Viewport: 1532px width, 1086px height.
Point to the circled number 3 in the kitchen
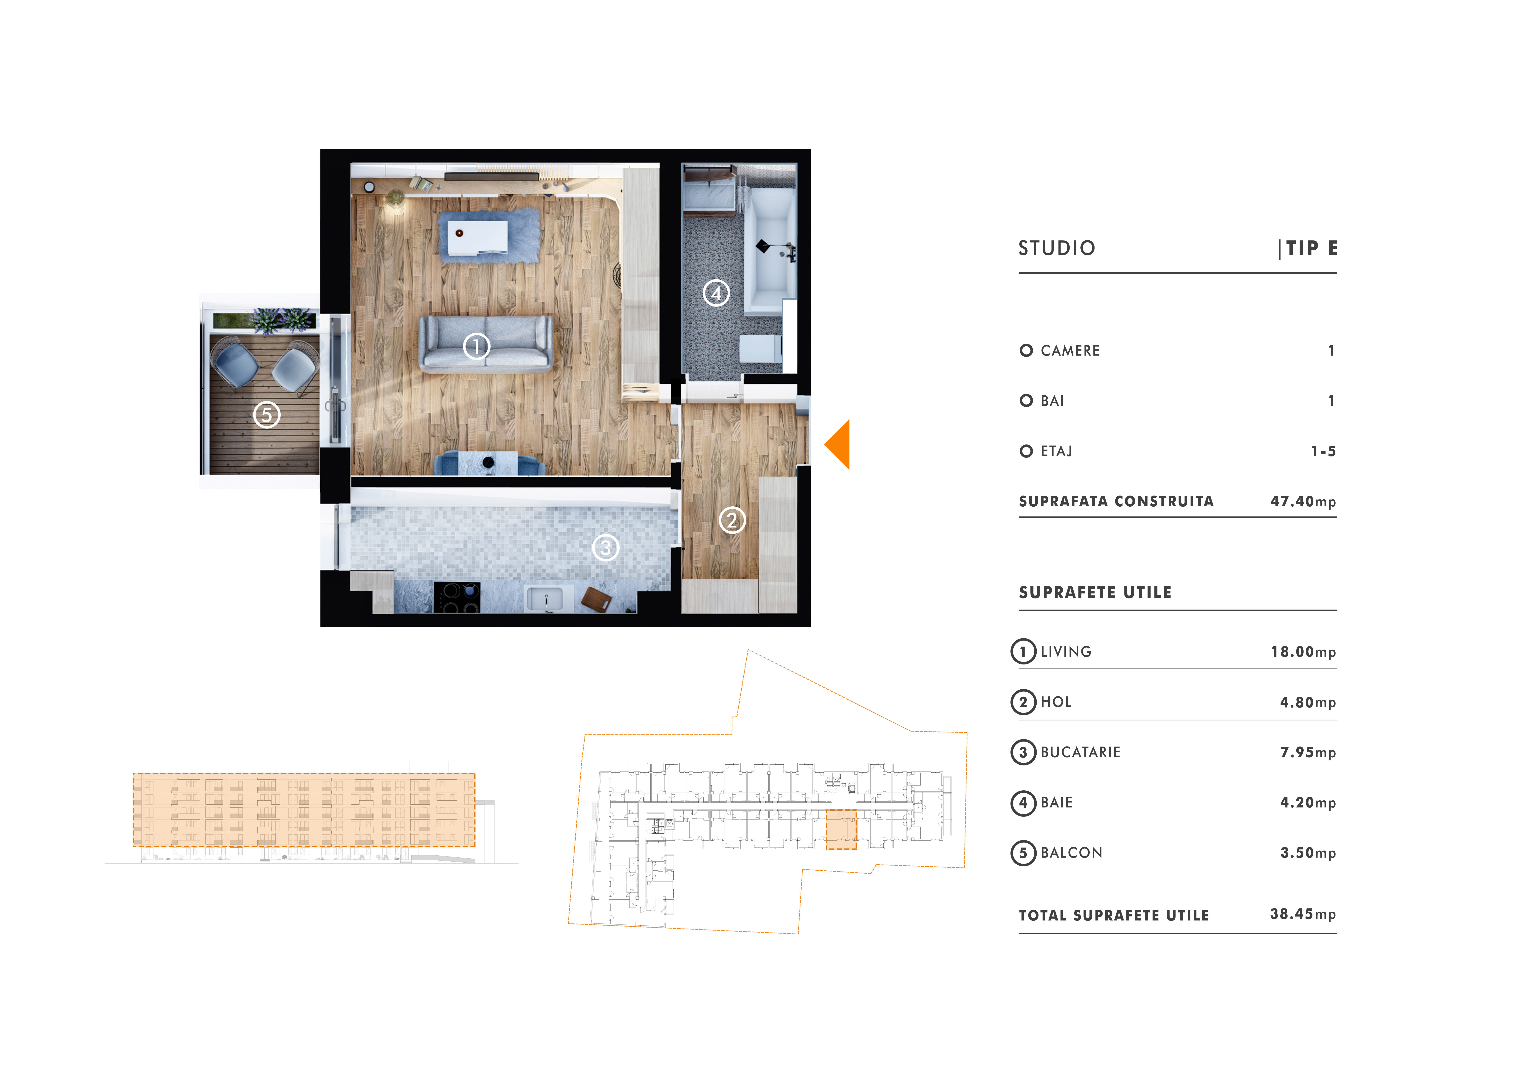point(606,548)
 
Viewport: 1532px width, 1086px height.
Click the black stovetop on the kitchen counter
point(457,597)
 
